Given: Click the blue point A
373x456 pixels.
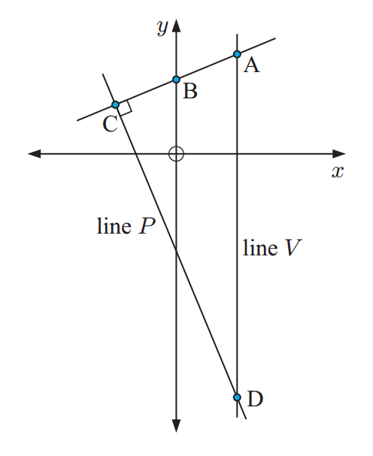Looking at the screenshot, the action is [x=237, y=54].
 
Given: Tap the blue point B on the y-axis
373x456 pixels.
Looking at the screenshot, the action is [x=176, y=79].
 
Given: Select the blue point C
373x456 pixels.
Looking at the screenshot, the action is [x=116, y=104].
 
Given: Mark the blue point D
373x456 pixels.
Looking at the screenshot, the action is [x=237, y=397].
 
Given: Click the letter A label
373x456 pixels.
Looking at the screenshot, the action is [x=251, y=65].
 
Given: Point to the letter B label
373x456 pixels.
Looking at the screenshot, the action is [x=190, y=91].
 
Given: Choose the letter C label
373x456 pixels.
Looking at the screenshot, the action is [x=110, y=124].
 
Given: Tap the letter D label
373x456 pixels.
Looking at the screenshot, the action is [x=255, y=399].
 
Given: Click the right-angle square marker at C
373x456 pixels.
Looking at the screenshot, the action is [x=126, y=109].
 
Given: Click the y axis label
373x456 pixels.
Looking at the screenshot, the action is [x=162, y=29].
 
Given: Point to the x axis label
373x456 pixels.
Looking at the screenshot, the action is [x=338, y=172].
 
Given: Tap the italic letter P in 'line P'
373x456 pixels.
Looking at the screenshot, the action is [x=147, y=226].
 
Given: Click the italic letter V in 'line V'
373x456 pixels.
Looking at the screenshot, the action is [x=293, y=248].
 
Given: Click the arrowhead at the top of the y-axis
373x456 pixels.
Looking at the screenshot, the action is [x=176, y=26].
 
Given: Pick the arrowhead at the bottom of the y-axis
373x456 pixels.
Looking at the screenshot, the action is [x=176, y=426].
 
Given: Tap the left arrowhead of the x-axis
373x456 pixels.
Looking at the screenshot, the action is [x=35, y=154].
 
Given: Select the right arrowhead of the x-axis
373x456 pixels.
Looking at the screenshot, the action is [x=339, y=154].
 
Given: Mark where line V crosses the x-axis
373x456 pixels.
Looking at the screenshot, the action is [x=237, y=154].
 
